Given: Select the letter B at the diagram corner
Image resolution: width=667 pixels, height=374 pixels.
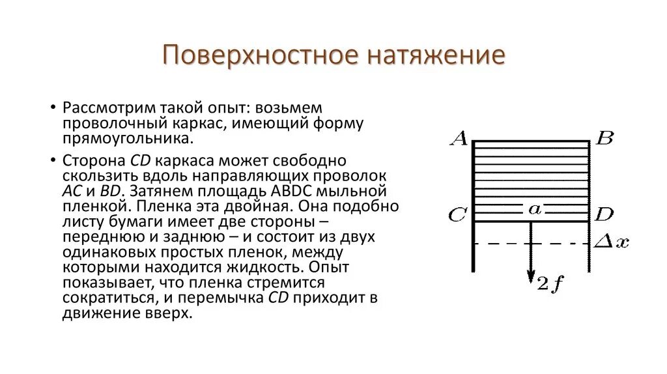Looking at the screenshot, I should [x=604, y=138].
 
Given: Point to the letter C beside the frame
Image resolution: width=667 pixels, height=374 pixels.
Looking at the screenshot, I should [x=457, y=215].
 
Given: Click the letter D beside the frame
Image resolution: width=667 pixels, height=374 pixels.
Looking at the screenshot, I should [x=604, y=214].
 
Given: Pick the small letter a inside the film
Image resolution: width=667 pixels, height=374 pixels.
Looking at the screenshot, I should [x=535, y=209].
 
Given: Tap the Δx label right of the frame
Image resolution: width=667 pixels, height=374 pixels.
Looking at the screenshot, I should [x=612, y=242].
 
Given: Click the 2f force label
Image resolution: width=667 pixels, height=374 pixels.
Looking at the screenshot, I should [x=550, y=284].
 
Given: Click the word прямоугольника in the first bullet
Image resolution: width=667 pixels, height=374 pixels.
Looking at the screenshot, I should [x=127, y=139].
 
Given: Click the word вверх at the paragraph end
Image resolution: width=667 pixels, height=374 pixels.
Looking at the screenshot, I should [x=175, y=313].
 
